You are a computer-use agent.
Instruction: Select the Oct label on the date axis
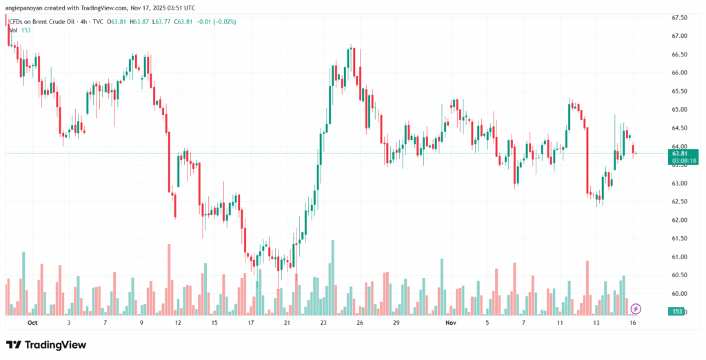[32, 322]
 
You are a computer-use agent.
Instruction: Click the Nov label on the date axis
[451, 322]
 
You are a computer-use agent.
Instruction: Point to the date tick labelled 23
[323, 322]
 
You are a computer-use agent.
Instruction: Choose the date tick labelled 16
[632, 322]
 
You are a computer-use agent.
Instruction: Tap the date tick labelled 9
[141, 322]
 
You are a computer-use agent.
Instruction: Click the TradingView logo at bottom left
[46, 345]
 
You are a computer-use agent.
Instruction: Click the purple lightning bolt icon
[636, 308]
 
